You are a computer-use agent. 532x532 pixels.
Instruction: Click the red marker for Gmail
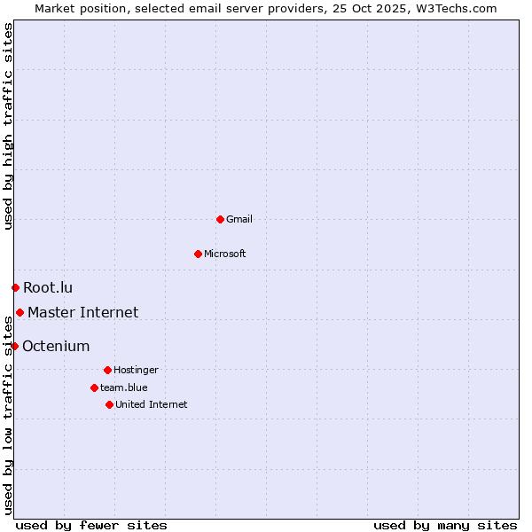220,219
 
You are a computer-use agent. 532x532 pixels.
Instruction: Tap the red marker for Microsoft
198,254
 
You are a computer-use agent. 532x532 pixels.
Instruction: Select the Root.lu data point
15,287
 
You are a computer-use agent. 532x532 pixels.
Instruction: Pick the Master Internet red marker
20,312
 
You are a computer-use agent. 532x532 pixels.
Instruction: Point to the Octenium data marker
14,346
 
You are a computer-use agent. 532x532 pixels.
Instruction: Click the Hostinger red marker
107,370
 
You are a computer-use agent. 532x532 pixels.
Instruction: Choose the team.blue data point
94,387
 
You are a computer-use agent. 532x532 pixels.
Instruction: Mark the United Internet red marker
109,404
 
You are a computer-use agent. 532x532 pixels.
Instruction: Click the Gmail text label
239,219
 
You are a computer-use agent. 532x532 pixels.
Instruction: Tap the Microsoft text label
225,254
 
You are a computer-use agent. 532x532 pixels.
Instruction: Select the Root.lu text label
48,287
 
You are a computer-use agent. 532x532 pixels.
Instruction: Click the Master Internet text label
82,312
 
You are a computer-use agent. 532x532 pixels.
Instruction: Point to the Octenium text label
56,346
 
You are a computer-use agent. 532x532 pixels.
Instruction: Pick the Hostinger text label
136,370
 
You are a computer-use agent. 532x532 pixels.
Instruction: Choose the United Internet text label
151,404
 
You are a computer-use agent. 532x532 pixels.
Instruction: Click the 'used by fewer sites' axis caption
91,525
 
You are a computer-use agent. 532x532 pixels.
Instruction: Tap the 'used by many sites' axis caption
445,525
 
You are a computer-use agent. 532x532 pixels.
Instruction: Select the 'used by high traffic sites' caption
8,126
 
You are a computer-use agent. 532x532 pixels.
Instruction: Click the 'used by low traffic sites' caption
8,417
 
